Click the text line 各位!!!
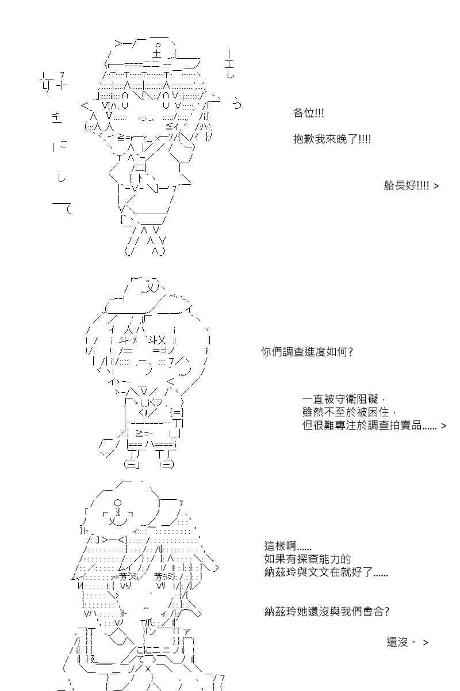[308, 113]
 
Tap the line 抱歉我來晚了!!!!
[332, 139]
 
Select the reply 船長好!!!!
[407, 185]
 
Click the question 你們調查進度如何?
[307, 352]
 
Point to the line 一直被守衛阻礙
[340, 400]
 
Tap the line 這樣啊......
[288, 546]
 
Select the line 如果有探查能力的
[308, 559]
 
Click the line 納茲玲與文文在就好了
[326, 572]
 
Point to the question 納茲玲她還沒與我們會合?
[327, 611]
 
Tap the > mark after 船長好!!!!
[436, 186]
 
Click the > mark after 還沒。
[426, 643]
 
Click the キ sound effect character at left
[57, 117]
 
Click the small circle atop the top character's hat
[158, 46]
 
